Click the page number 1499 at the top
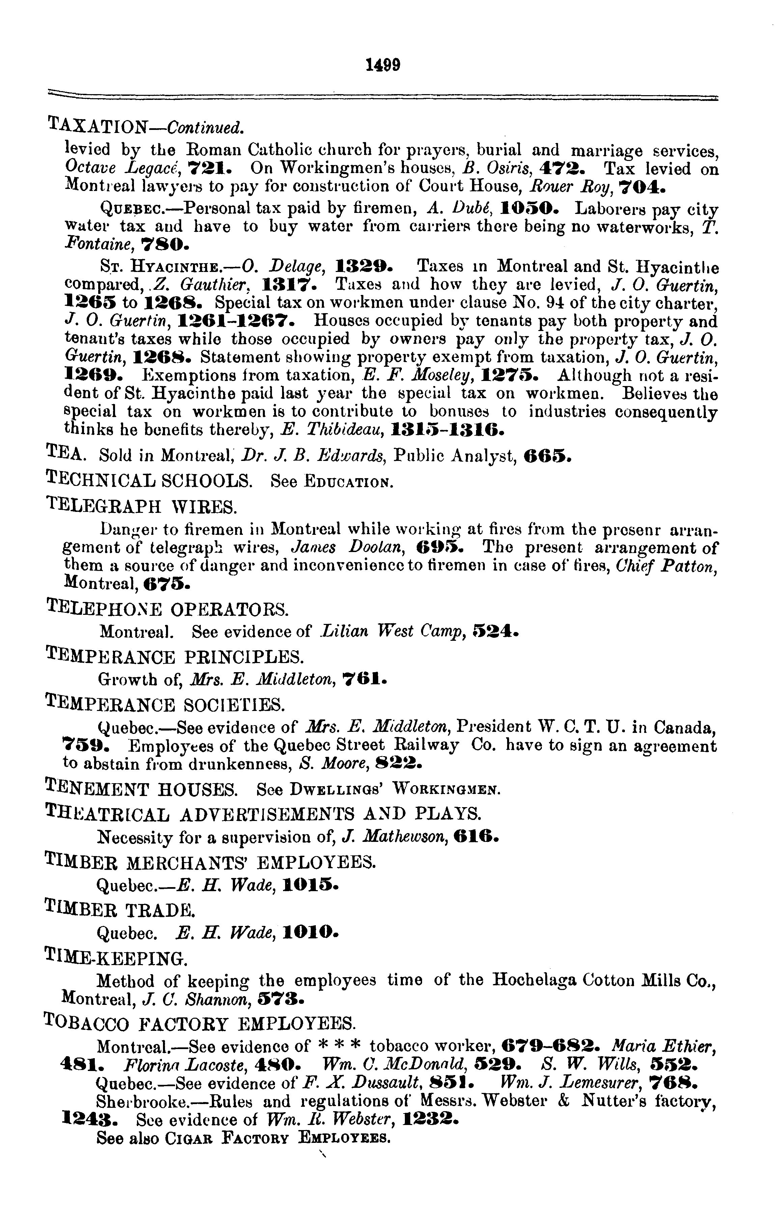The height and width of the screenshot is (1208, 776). tap(384, 65)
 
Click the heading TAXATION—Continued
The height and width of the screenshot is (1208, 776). tap(146, 126)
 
